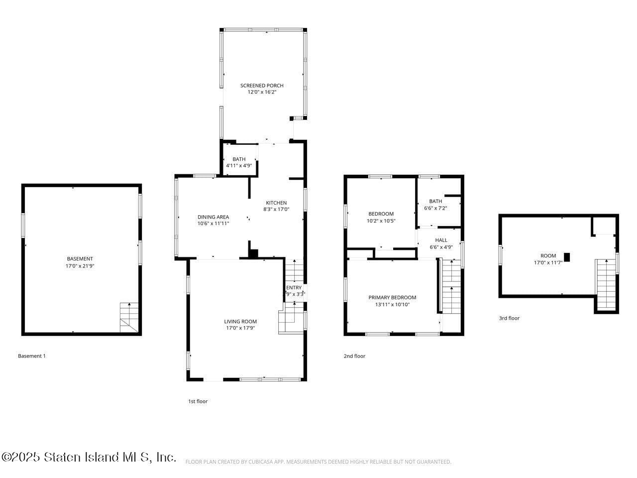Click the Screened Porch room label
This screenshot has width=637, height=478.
tap(262, 86)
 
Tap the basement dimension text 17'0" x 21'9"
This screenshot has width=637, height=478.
tap(80, 266)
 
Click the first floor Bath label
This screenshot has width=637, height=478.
tap(239, 159)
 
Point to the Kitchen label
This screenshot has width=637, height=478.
tap(276, 203)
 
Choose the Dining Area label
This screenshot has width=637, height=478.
tap(213, 217)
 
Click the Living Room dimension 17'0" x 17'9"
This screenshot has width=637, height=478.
tap(240, 328)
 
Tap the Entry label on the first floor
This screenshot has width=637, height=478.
tap(294, 288)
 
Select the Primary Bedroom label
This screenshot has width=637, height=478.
tap(392, 298)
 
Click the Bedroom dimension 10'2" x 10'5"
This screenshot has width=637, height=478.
tap(381, 221)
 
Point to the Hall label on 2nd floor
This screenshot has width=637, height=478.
tap(441, 240)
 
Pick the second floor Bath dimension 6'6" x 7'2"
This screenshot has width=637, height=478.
tap(435, 208)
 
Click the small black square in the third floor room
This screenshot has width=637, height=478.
tap(566, 257)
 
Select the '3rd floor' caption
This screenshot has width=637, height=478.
tap(509, 318)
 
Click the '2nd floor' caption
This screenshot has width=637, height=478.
tap(354, 356)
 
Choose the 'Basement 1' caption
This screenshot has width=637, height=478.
tap(32, 356)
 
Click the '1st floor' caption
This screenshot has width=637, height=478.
tap(198, 401)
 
